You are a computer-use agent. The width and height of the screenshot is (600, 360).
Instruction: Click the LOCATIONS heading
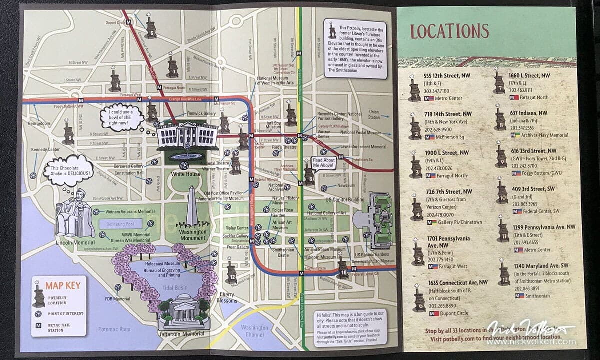tap(449, 31)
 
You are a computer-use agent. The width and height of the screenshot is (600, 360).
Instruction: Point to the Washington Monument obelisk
tap(192, 207)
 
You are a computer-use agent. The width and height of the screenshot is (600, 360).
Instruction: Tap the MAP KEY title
tap(60, 286)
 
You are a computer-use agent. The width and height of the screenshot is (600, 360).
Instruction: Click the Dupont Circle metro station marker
tap(129, 22)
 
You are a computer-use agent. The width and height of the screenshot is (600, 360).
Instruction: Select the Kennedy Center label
tap(45, 149)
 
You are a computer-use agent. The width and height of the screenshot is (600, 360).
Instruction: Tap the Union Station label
tap(374, 115)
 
